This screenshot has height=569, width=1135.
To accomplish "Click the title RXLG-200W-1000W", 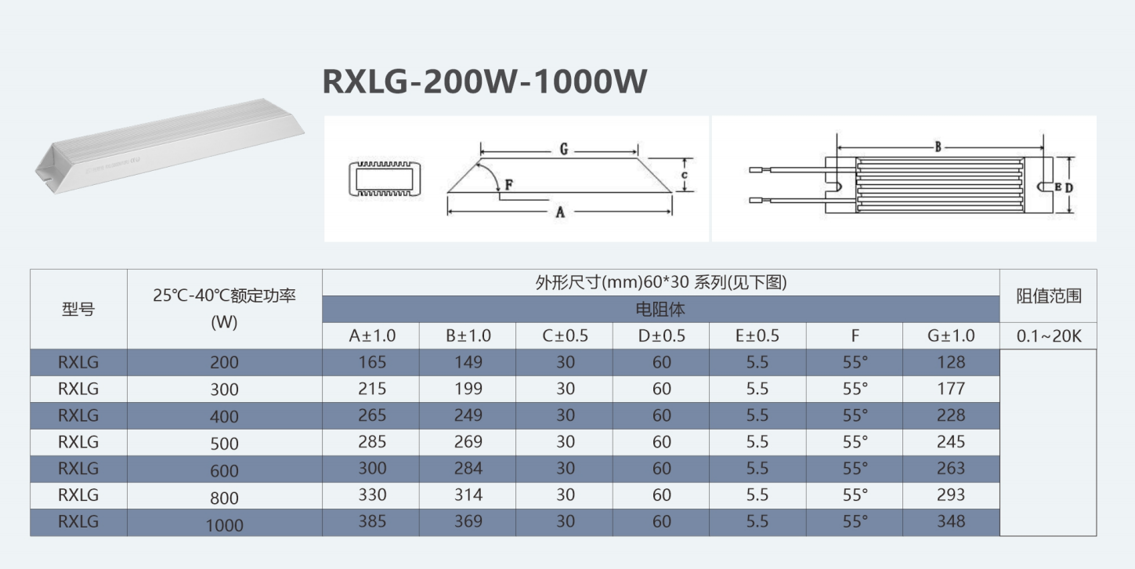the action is (484, 82).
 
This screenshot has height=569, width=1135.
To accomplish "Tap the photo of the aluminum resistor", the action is (169, 146).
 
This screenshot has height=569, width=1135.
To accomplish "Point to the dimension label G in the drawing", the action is (563, 149).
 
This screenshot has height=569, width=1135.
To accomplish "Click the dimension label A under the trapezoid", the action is (560, 212).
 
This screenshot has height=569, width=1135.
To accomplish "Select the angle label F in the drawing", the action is (508, 184).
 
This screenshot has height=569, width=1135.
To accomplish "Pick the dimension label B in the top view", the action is (938, 147).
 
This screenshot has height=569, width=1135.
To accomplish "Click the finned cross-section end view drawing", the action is (385, 179).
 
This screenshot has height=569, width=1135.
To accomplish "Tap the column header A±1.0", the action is (372, 335).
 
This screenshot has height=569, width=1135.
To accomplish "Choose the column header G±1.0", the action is (951, 335).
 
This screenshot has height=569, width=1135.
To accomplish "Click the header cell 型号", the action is (78, 309).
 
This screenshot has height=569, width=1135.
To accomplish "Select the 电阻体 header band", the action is (661, 310).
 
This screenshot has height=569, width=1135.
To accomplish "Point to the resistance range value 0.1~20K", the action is (1048, 335).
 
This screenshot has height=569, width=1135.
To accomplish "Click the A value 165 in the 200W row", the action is (372, 362).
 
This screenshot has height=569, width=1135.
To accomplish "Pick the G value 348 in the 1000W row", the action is (951, 521).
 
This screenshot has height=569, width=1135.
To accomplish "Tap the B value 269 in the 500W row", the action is (468, 442).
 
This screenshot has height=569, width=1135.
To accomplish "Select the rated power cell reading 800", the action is (224, 498).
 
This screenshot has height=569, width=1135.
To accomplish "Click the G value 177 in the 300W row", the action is (951, 389).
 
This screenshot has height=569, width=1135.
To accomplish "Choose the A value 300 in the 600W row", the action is (372, 468).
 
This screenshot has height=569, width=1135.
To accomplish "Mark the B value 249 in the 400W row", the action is (468, 415).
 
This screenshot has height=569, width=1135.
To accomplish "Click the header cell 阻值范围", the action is (1048, 296).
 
